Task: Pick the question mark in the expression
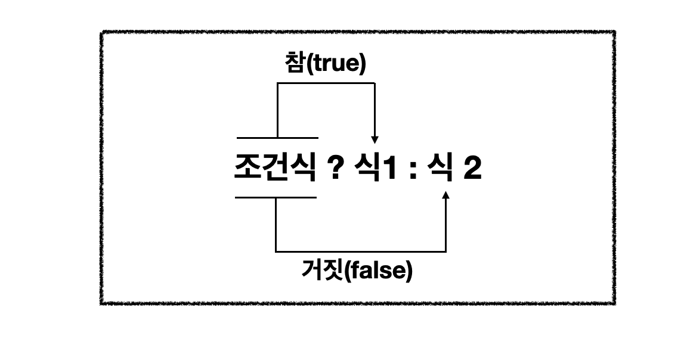[x=335, y=169]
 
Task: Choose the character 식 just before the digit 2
[x=438, y=169]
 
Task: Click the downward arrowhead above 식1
[x=375, y=139]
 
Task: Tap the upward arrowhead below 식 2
[x=446, y=195]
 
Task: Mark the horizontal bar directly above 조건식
[x=277, y=138]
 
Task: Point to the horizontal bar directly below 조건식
[x=276, y=197]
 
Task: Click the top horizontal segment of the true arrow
[x=326, y=83]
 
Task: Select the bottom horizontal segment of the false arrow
[x=361, y=251]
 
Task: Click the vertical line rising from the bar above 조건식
[x=277, y=110]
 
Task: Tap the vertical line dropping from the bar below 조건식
[x=276, y=224]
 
